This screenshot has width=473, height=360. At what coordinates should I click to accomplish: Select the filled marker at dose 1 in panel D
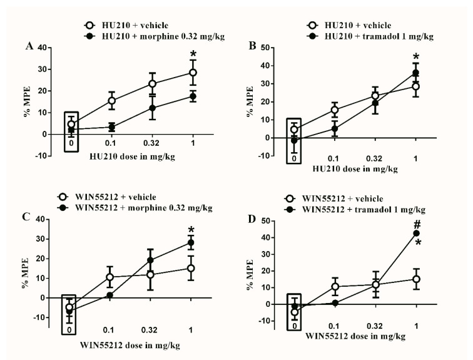tap(416, 234)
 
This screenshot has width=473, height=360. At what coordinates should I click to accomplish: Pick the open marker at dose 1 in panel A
tap(193, 73)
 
